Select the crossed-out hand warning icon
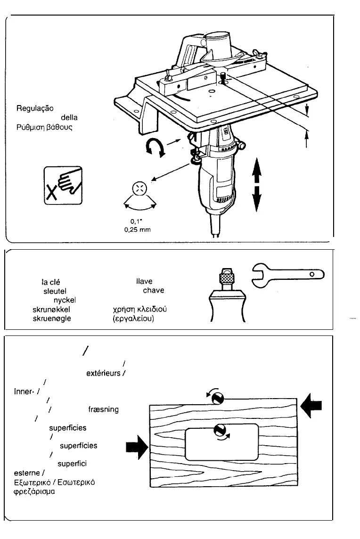[x=63, y=185]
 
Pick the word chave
[x=153, y=291]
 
